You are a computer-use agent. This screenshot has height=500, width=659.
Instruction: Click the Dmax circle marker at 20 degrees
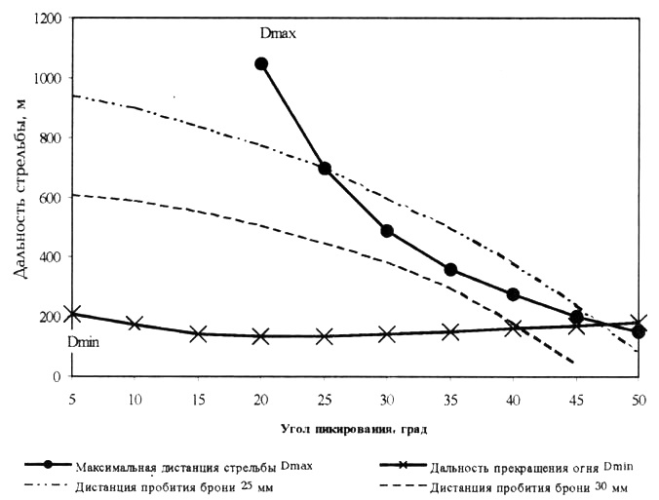click(261, 64)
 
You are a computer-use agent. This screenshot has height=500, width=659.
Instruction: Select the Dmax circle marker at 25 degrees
click(325, 169)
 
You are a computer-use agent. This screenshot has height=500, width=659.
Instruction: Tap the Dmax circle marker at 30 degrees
click(387, 231)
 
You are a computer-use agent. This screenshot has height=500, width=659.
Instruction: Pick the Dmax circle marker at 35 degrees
click(450, 270)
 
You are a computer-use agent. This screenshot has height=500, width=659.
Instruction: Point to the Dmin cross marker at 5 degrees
click(72, 314)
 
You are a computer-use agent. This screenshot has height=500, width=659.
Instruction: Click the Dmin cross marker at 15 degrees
click(198, 333)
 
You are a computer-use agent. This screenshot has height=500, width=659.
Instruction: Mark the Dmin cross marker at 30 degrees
click(387, 334)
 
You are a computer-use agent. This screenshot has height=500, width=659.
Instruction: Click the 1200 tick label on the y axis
click(47, 19)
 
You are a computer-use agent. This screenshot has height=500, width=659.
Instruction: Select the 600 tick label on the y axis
click(51, 198)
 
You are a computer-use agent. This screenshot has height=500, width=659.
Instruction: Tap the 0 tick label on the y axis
click(58, 376)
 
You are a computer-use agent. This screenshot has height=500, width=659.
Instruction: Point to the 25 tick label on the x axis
click(325, 400)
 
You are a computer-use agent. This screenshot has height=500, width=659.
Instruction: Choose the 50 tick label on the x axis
click(639, 400)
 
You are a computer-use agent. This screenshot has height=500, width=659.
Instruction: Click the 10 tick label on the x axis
click(136, 400)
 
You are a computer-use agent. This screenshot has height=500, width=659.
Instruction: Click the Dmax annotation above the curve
click(278, 34)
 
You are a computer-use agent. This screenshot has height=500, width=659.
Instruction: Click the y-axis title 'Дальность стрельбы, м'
click(20, 195)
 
